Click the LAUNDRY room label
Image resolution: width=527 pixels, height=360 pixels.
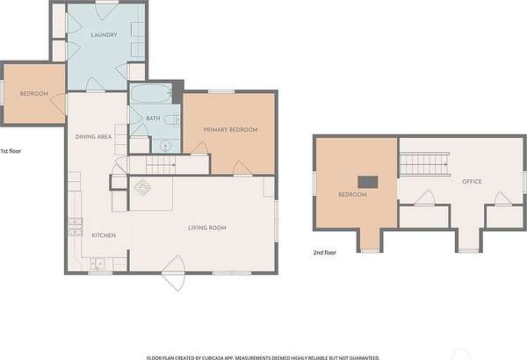(105, 34)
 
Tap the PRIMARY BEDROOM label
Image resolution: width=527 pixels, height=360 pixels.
(230, 130)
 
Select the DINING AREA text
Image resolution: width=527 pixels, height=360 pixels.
(93, 137)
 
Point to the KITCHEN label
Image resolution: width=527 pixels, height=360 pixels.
(104, 235)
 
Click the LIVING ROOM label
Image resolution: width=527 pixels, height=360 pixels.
(207, 228)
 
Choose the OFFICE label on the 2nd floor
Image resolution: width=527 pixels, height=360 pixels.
(472, 182)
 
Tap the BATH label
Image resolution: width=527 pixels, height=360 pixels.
(153, 119)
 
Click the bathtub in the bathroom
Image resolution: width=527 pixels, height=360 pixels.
(151, 93)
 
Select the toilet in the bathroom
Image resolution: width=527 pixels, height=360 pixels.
(173, 119)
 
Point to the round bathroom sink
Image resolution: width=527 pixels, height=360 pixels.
(165, 146)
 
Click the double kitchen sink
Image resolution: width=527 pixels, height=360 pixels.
(97, 263)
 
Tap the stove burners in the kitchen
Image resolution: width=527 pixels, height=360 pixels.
(76, 227)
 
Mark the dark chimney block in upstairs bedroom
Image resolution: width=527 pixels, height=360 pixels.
(368, 182)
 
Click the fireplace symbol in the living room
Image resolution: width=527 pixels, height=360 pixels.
(142, 188)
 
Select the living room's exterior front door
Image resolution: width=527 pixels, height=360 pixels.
(173, 273)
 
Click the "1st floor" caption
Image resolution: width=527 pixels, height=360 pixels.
(11, 151)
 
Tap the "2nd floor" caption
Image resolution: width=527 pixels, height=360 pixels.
(325, 253)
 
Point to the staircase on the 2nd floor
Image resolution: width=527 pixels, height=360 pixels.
(425, 164)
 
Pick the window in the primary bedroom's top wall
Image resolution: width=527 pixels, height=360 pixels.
(221, 92)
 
